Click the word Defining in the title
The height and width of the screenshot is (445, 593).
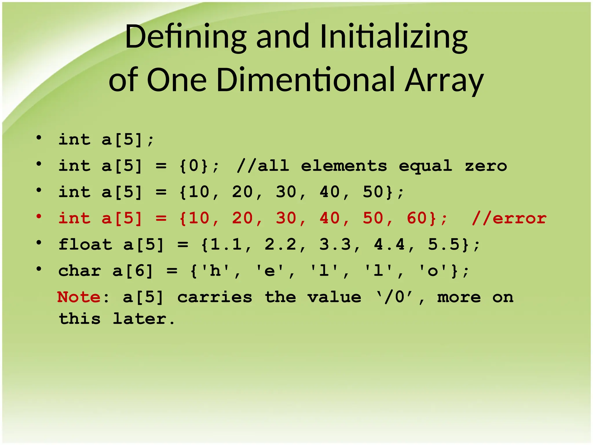coord(185,37)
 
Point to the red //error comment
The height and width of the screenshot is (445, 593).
coord(509,218)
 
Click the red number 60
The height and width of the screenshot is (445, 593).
coord(417,218)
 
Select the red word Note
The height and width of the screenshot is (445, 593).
coord(79,297)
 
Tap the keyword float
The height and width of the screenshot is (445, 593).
coord(85,245)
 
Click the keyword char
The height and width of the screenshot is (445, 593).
coord(80,271)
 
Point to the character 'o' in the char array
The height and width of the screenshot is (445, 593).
coord(433,271)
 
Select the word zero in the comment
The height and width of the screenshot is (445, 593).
coord(486,166)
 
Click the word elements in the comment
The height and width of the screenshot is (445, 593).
coord(344,166)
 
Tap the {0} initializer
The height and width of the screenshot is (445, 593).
coord(193,166)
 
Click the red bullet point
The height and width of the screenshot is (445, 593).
coord(39,216)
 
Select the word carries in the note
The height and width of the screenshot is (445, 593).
coord(215,297)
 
